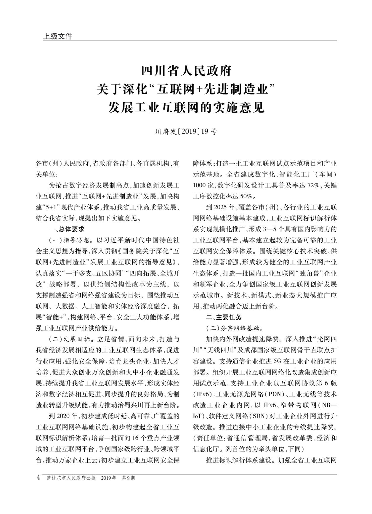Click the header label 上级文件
pyautogui.click(x=58, y=36)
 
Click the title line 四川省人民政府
pyautogui.click(x=186, y=71)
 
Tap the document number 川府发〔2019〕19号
pyautogui.click(x=186, y=132)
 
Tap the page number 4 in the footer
pyautogui.click(x=38, y=478)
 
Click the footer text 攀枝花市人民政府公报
pyautogui.click(x=71, y=478)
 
